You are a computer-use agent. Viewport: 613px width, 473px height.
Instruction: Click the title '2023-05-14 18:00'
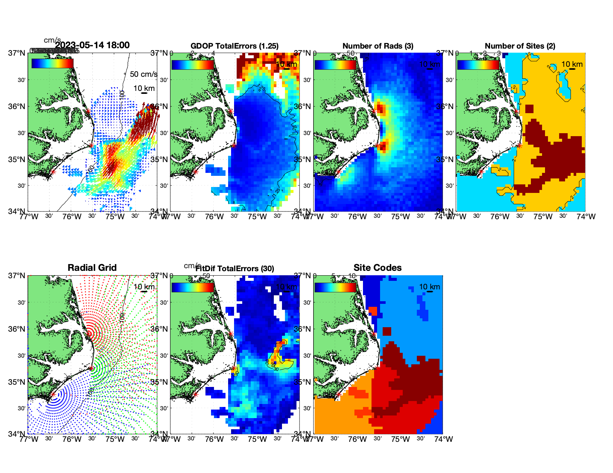[92, 45]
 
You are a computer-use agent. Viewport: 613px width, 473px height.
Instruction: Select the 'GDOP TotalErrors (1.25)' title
[234, 46]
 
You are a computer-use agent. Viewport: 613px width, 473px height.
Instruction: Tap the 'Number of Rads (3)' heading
[378, 46]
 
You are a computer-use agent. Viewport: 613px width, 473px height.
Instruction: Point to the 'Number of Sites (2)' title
[520, 46]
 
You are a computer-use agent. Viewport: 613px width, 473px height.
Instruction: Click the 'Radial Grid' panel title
[92, 268]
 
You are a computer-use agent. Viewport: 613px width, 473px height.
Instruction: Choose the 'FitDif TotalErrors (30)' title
[235, 269]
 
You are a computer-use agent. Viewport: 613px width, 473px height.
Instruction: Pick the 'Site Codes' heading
[377, 268]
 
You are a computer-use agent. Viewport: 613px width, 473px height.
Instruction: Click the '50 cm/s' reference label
[143, 74]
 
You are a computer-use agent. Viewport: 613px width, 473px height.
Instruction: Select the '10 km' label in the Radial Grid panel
[144, 287]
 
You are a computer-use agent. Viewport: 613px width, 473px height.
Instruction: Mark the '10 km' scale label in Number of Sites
[572, 64]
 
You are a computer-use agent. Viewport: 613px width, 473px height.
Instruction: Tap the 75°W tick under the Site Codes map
[400, 439]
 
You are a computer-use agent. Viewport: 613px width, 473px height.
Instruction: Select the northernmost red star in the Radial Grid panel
[89, 334]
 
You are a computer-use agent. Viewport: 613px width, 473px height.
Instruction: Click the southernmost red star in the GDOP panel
[195, 172]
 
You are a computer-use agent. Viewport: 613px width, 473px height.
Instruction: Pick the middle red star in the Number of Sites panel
[519, 146]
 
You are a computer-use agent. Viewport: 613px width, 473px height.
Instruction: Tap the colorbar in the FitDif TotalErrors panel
[192, 288]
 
